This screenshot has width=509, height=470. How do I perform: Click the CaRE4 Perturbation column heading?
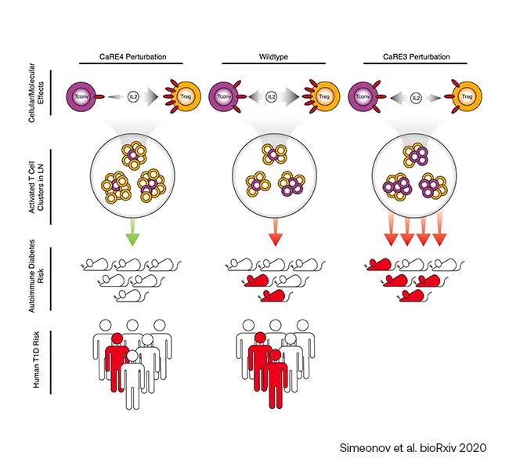[132, 57]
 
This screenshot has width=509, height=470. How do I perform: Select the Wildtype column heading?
[273, 57]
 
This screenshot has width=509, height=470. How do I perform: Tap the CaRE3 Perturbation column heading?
[416, 57]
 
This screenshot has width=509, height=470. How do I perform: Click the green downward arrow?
[132, 233]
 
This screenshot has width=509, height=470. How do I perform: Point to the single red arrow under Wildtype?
[276, 233]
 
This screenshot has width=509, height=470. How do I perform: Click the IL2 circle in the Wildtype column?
[272, 97]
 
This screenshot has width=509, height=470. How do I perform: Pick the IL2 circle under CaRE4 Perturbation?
[133, 97]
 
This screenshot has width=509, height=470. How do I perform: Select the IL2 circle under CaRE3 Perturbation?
[416, 97]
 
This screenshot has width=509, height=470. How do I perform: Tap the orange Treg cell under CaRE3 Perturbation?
[467, 97]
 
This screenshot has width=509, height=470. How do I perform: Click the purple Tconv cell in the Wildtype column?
[224, 97]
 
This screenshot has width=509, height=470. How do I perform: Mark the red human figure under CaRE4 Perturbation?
[116, 360]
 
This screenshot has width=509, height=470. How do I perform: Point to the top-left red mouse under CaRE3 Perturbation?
[378, 265]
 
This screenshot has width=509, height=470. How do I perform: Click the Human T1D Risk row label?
[36, 360]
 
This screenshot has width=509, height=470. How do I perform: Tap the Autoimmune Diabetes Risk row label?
[36, 276]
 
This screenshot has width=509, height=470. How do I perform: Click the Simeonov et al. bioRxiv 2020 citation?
[413, 448]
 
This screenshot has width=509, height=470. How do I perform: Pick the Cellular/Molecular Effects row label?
[36, 92]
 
